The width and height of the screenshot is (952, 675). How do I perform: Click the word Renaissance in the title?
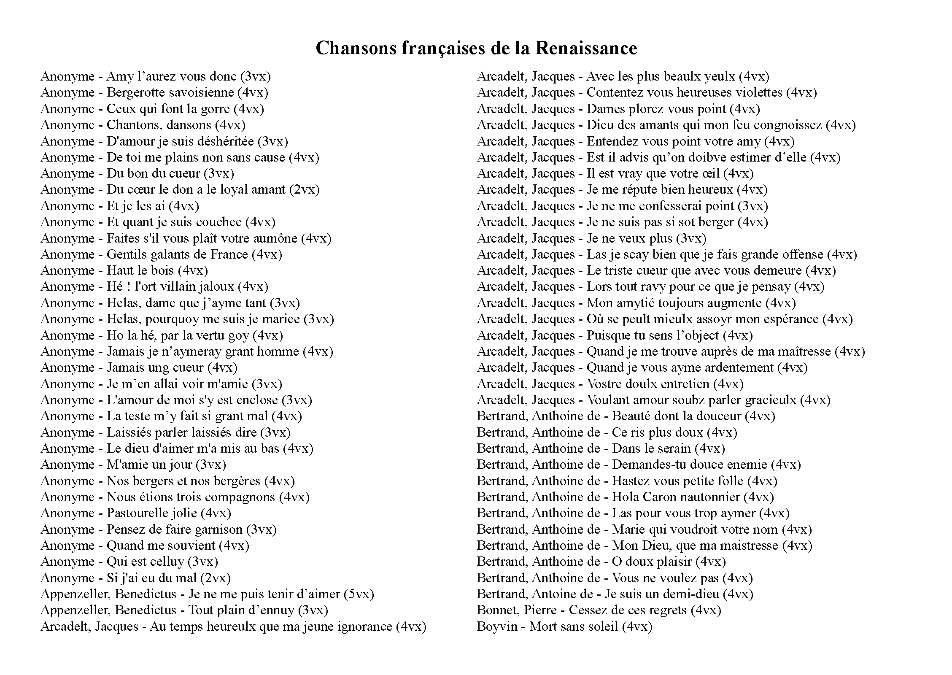tap(586, 48)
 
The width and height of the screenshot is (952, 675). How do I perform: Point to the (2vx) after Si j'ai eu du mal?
tap(216, 578)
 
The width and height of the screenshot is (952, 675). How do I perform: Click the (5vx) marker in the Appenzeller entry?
tap(359, 594)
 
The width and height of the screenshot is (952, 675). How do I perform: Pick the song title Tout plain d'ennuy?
tap(241, 610)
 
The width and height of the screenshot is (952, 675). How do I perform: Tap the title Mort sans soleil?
tap(574, 626)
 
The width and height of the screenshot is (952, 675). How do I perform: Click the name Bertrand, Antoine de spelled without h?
tap(535, 594)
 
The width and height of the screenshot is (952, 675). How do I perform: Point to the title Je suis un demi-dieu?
tap(661, 594)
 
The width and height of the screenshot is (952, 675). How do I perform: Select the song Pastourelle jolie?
tap(152, 513)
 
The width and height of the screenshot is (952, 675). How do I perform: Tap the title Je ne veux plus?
tap(629, 238)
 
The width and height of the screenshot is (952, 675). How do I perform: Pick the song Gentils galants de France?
tap(177, 254)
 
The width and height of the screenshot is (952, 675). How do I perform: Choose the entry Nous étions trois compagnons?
tap(191, 497)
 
